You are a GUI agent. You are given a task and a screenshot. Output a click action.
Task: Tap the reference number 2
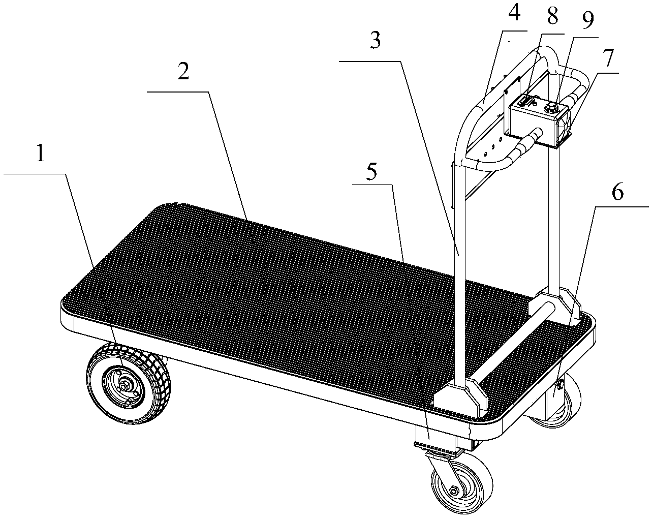coord(183,70)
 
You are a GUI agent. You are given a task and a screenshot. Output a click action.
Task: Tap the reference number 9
coord(587,21)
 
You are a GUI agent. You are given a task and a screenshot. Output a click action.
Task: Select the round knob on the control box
coord(550,107)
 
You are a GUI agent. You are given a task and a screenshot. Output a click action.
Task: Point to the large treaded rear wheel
coord(129,384)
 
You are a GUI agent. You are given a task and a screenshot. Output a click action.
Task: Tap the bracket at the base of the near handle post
coord(461,398)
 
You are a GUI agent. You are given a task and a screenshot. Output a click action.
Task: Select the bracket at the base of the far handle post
coord(554,306)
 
